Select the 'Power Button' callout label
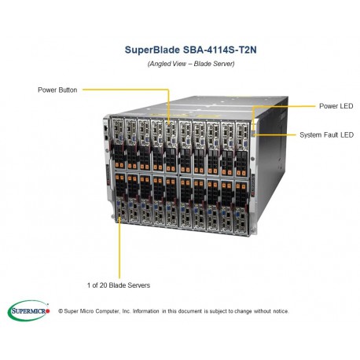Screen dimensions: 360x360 [57, 90]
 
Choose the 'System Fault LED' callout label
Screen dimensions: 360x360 [324, 134]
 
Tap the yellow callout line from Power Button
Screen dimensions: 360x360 [126, 90]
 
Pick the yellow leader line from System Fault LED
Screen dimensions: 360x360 [279, 134]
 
